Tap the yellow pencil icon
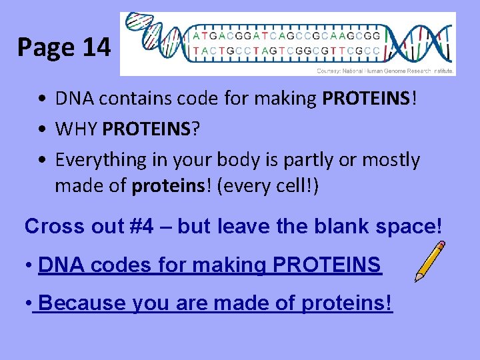click(x=429, y=261)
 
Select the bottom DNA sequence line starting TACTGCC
click(x=287, y=51)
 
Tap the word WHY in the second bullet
click(x=77, y=129)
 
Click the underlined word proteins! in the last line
click(x=347, y=303)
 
